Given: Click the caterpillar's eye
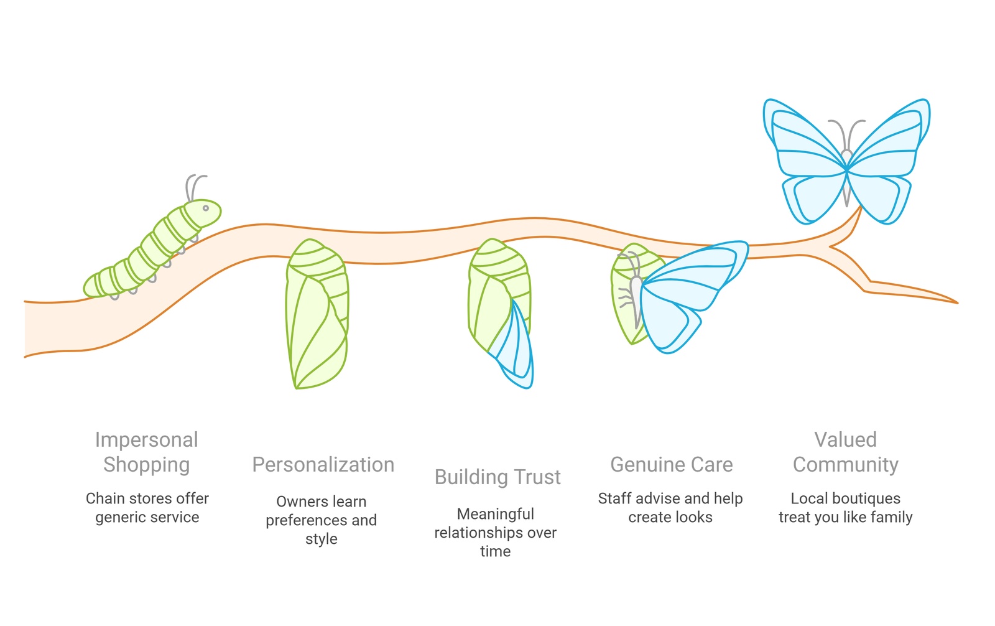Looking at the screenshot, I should (x=206, y=208).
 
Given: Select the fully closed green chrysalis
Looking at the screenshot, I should (x=317, y=314).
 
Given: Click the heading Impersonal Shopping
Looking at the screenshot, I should (x=147, y=452).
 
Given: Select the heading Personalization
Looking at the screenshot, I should (x=323, y=464).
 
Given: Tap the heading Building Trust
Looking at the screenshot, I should (x=497, y=477).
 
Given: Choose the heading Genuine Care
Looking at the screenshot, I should (x=672, y=464).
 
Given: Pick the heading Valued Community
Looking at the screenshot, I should (x=846, y=452).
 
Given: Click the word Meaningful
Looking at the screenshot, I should (x=495, y=514).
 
